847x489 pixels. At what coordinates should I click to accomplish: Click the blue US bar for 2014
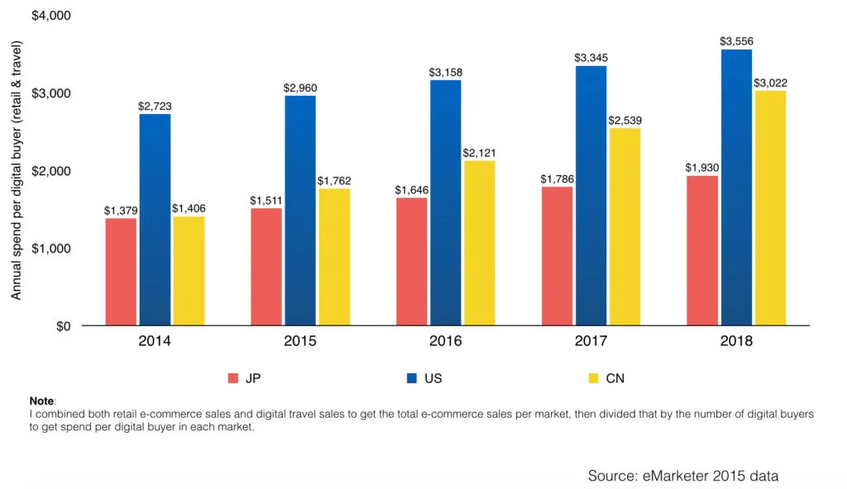[155, 219]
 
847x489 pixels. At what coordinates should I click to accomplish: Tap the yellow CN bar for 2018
[770, 207]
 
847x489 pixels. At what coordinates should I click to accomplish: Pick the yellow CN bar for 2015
[334, 257]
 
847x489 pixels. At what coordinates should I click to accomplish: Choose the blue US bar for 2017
[591, 195]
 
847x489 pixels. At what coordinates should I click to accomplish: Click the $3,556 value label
[736, 40]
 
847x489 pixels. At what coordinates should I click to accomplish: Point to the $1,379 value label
[121, 210]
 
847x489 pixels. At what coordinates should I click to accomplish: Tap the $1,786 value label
[557, 178]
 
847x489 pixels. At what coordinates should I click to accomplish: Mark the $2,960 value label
[300, 87]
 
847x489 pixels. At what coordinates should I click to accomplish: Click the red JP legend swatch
[233, 378]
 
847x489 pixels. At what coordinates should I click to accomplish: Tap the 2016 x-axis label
[446, 340]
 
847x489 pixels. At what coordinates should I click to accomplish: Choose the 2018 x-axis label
[736, 340]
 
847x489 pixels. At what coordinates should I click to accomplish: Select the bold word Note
[41, 400]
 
